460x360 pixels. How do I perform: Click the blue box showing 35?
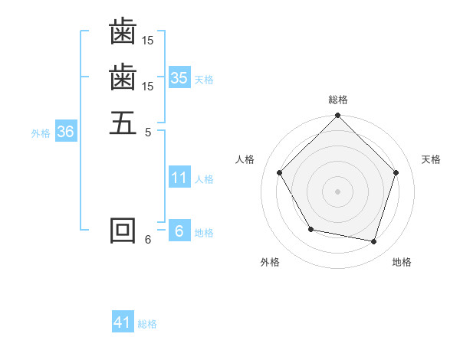179,78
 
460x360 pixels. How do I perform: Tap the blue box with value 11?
179,178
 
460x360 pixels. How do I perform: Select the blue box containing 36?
65,132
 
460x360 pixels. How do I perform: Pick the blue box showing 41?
123,322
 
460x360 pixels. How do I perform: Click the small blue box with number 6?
179,231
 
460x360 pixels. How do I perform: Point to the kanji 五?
123,122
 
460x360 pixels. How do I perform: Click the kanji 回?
123,231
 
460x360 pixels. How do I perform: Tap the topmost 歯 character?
123,31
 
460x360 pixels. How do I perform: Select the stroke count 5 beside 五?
148,132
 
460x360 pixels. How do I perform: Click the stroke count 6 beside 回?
148,240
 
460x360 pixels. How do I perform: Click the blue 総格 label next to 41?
147,324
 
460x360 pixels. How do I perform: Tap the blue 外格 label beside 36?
41,133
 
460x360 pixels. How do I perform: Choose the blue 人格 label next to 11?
204,179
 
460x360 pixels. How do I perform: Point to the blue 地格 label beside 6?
204,233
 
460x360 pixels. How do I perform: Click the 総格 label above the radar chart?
338,100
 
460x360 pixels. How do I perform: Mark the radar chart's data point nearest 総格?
338,116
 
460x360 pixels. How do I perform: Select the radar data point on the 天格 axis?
396,172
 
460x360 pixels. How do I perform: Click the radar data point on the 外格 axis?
310,229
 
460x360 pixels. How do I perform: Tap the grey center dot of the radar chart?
338,191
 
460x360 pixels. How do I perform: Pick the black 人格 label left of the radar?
245,159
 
